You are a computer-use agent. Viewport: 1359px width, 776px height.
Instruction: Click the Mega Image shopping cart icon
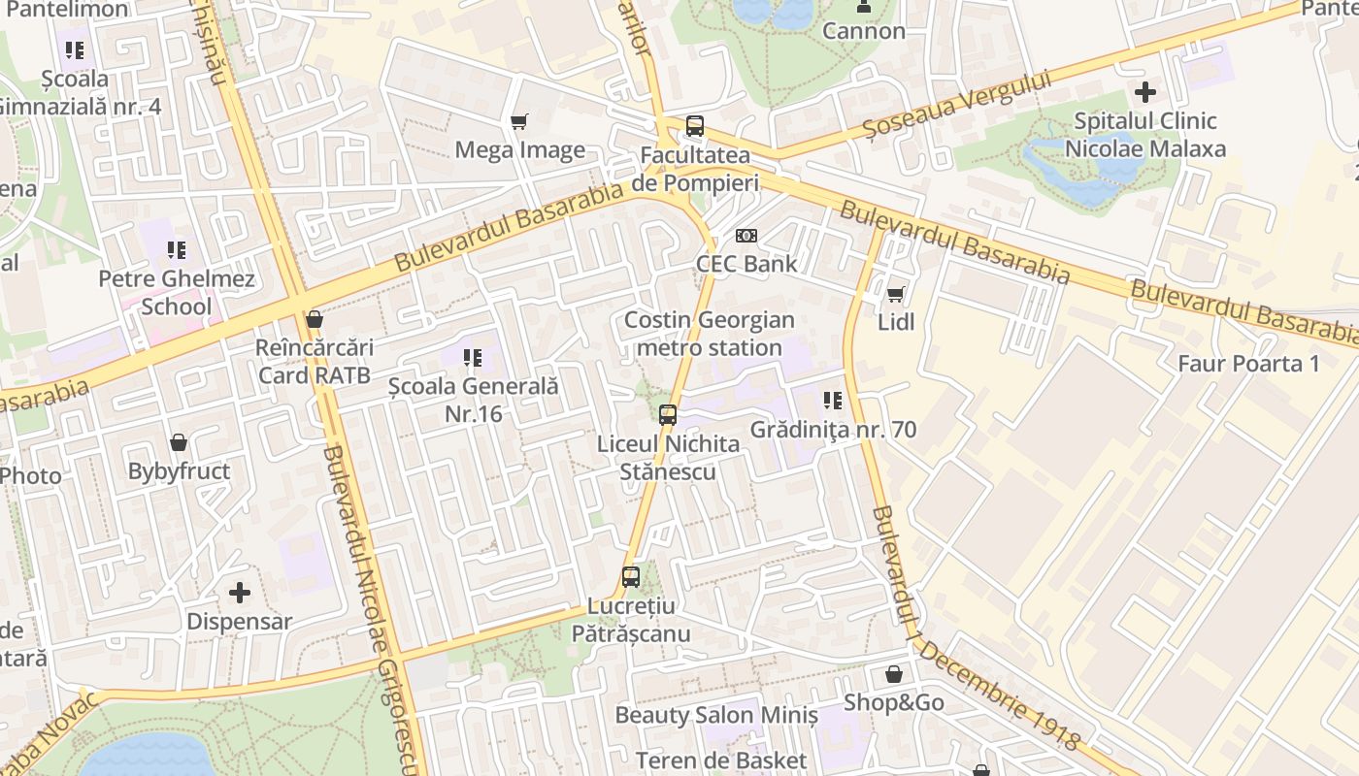[519, 121]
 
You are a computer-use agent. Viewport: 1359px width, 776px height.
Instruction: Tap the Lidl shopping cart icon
[895, 293]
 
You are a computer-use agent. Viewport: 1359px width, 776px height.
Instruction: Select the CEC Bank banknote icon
[746, 236]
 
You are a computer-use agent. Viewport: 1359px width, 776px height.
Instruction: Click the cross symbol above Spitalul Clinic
[1145, 92]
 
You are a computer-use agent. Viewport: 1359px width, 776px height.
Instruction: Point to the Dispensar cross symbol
[239, 592]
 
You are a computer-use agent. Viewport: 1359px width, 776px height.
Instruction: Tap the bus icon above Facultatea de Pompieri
[694, 125]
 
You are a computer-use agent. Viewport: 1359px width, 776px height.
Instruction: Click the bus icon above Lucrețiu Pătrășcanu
[631, 577]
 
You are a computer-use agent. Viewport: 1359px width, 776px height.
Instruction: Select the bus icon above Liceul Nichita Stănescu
[668, 414]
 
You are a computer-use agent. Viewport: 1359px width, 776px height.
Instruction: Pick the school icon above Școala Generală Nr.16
[473, 358]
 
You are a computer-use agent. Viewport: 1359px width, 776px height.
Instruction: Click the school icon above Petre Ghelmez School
[176, 251]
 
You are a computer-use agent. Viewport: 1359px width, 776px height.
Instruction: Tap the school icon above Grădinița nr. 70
[832, 400]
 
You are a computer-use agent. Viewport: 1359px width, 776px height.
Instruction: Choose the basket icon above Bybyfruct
[179, 443]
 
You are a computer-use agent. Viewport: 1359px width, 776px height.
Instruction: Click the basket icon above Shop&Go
[893, 674]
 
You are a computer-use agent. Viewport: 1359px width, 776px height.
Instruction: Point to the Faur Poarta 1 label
[1248, 364]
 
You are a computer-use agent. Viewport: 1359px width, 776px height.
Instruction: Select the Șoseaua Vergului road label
[957, 105]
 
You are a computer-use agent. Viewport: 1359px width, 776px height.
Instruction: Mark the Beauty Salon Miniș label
[716, 716]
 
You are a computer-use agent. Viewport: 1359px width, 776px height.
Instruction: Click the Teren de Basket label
[721, 760]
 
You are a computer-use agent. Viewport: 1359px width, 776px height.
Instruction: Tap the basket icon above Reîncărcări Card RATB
[314, 319]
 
